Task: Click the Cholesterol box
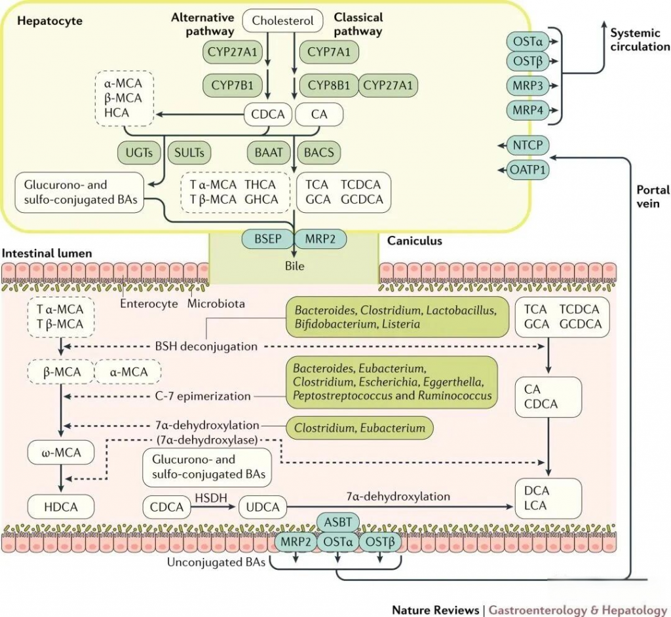[x=283, y=21]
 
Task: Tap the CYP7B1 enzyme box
[x=232, y=84]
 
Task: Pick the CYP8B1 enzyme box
[x=328, y=84]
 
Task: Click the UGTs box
[x=139, y=153]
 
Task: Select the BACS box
[x=319, y=153]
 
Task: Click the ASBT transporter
[x=338, y=522]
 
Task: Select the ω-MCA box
[x=61, y=451]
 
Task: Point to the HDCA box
[x=61, y=506]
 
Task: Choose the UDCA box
[x=263, y=506]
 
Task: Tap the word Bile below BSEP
[x=294, y=267]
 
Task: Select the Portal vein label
[x=653, y=196]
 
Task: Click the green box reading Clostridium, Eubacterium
[x=360, y=428]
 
